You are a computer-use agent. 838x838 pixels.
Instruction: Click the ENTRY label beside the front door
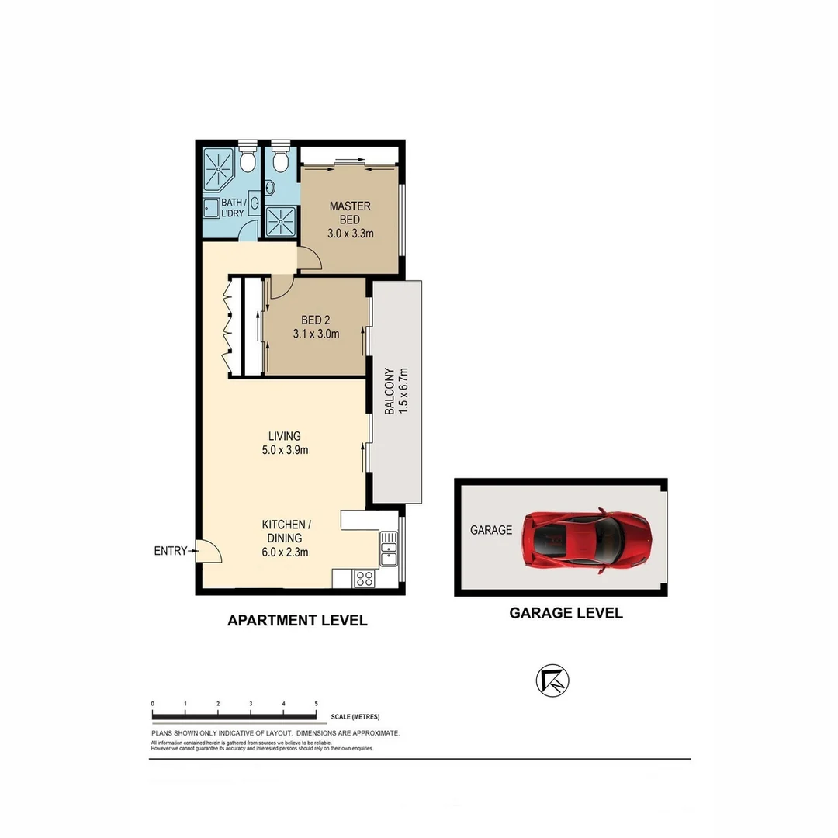171,551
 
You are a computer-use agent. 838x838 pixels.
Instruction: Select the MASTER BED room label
350,213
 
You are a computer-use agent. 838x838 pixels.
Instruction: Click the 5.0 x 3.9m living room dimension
285,450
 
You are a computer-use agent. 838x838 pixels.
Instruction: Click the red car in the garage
586,541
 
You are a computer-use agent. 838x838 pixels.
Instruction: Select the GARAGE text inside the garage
491,531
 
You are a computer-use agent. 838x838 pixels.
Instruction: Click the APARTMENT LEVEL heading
296,621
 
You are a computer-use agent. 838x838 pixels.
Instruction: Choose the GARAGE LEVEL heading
565,613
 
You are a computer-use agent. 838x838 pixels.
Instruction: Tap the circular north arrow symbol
552,680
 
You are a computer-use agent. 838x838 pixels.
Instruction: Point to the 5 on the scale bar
317,704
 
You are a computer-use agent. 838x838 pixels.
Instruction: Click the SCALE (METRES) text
355,717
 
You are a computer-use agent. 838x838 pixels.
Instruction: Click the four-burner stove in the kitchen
363,578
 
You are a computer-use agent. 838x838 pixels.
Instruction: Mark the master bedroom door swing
309,258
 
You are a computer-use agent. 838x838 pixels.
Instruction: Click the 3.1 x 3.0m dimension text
317,334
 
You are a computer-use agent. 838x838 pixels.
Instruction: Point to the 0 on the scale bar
153,704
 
